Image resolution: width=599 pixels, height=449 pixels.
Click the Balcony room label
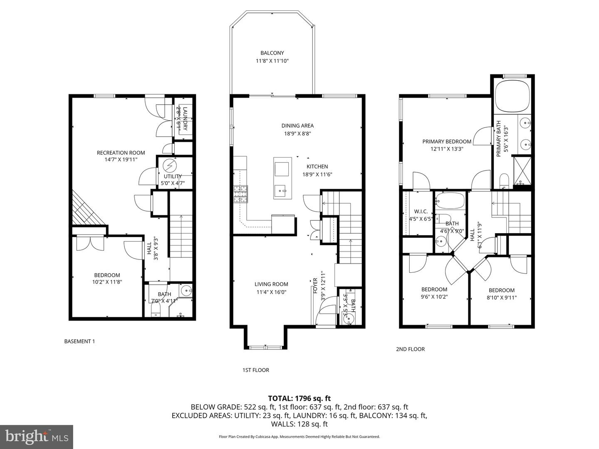point(272,53)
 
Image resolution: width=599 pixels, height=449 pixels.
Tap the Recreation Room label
point(121,153)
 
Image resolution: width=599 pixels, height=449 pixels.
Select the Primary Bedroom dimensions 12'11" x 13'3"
point(447,148)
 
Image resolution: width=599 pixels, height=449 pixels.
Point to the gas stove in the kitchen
point(240,194)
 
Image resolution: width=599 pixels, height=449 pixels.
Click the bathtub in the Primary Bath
point(512,96)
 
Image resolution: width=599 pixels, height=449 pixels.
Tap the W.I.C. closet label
point(421,211)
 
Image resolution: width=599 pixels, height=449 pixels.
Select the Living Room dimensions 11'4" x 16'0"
point(271,292)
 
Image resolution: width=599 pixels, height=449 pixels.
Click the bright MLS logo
point(37,437)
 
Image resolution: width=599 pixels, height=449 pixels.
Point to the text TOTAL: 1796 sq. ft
point(299,399)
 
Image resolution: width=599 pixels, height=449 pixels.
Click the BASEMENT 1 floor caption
point(79,341)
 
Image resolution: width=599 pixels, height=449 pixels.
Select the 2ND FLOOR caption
point(410,349)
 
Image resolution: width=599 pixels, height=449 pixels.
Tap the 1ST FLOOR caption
point(256,370)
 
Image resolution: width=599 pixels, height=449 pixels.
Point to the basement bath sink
point(186,291)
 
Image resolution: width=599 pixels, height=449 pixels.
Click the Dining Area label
point(297,126)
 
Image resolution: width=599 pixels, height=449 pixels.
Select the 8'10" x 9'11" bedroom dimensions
point(501,297)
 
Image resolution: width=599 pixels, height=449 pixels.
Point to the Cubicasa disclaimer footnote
point(299,437)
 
